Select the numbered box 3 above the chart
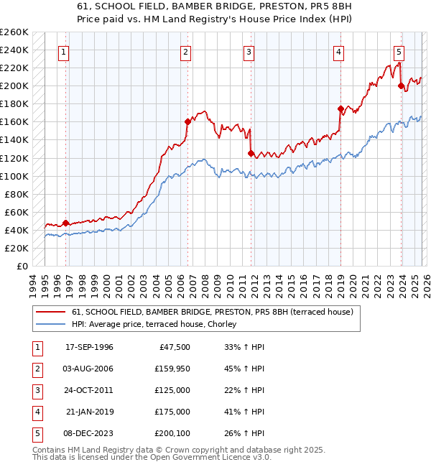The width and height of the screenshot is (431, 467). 248,52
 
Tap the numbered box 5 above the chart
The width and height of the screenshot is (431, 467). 399,52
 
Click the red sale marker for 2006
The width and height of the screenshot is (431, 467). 186,121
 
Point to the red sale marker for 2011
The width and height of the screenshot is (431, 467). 250,153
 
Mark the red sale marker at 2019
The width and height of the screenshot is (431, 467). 340,108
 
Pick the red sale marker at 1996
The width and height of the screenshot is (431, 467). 65,223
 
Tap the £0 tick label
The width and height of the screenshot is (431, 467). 22,266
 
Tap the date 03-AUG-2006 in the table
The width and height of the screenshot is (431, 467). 89,369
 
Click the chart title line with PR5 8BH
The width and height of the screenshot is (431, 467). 215,6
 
